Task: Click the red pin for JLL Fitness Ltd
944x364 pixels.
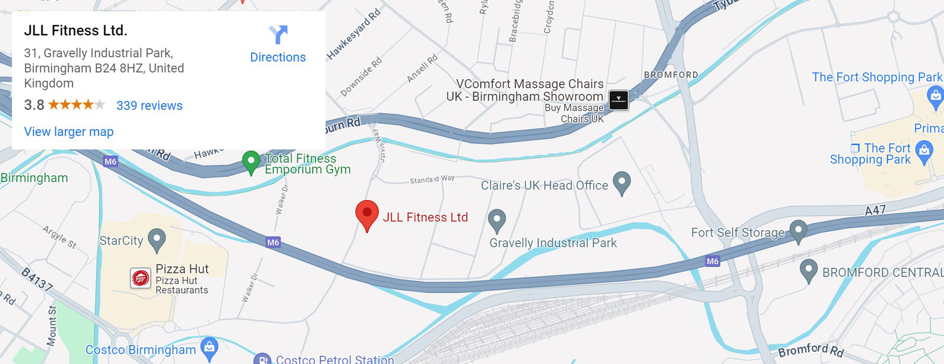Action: click(367, 214)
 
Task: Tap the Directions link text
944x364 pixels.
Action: click(278, 57)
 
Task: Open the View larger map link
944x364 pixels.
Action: click(68, 132)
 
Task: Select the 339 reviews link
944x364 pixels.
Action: click(149, 106)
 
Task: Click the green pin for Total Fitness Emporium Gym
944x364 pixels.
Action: click(251, 161)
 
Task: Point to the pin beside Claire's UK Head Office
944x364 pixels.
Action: click(622, 182)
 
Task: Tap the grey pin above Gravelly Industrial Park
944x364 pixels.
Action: click(497, 220)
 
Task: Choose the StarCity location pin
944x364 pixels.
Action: click(156, 239)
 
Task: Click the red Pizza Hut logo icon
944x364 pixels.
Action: click(140, 278)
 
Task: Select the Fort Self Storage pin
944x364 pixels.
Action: click(798, 230)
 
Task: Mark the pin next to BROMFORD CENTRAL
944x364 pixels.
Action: click(808, 270)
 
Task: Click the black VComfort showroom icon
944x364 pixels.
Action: click(618, 100)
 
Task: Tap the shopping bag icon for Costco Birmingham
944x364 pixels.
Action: click(209, 347)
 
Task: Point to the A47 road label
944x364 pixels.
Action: click(875, 211)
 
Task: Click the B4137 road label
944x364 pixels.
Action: click(37, 279)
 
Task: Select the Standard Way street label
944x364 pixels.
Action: click(432, 179)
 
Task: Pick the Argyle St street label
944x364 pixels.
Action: click(60, 237)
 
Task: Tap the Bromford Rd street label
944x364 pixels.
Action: click(811, 350)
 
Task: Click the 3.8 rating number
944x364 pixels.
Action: click(34, 105)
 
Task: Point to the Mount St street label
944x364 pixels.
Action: click(52, 326)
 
